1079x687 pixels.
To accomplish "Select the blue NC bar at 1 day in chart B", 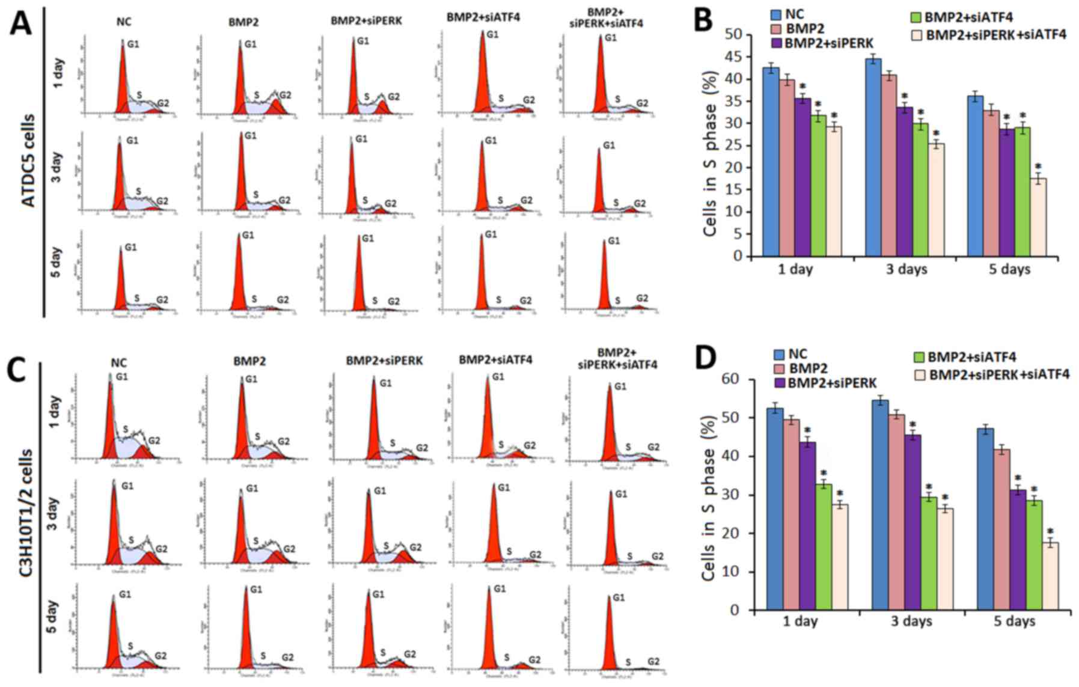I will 771,162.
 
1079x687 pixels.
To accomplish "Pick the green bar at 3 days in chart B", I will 920,189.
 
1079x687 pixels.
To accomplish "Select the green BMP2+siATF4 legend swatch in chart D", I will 918,358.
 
